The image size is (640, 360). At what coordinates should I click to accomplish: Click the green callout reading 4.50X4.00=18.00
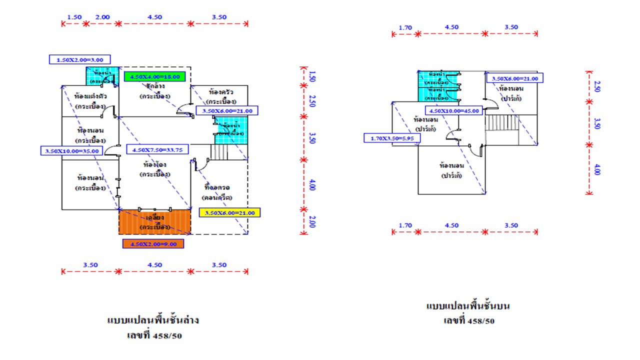tap(155, 77)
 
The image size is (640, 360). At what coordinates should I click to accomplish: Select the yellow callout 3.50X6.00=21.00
tap(229, 212)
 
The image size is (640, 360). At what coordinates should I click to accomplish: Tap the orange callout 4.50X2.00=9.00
tap(153, 244)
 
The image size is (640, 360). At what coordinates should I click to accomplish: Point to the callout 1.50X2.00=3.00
tap(79, 59)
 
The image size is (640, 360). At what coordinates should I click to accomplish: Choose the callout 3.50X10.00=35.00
tap(72, 150)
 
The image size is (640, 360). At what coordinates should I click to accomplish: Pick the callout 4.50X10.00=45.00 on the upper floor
tap(453, 110)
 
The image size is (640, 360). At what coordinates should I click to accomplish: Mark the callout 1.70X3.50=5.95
tap(392, 138)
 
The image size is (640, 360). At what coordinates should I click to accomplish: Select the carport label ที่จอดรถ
tap(219, 187)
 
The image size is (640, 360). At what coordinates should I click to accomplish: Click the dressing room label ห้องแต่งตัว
tap(89, 95)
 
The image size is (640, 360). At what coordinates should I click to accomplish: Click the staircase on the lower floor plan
tap(218, 152)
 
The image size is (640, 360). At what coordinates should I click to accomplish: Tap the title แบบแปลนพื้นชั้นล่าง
tap(152, 320)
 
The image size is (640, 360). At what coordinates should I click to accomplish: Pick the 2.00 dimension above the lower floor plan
tap(102, 17)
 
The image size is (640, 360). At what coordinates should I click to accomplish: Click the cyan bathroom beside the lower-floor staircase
tap(230, 130)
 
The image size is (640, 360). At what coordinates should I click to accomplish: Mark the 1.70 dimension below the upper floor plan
tap(405, 225)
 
